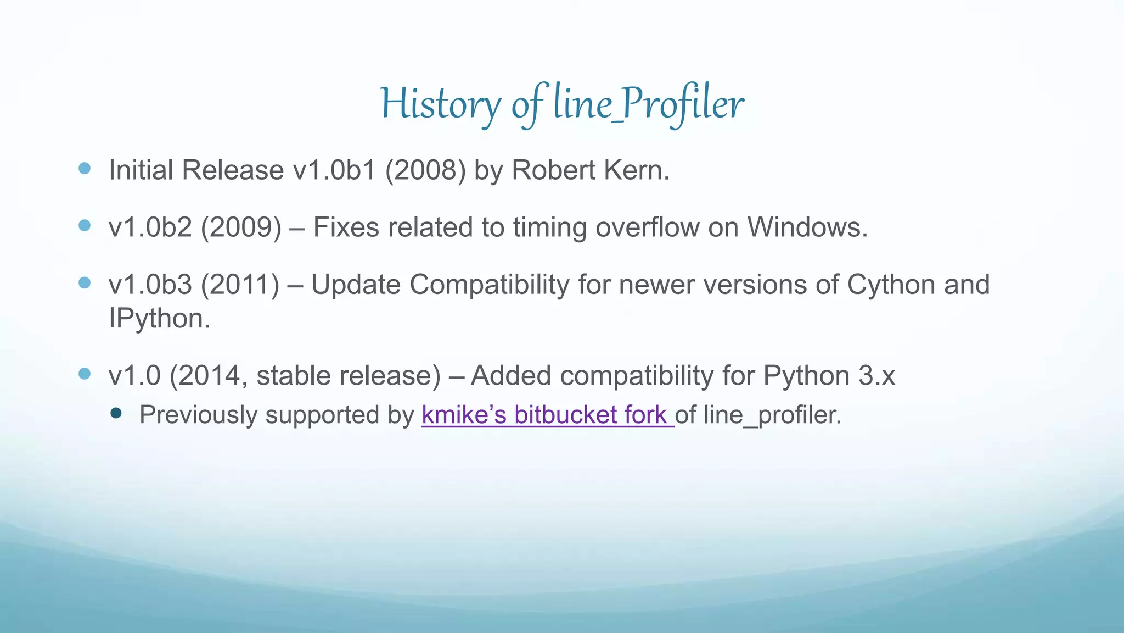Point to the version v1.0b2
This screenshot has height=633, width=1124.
coord(150,227)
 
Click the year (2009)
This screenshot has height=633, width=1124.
coord(241,227)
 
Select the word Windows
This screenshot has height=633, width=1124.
coord(807,227)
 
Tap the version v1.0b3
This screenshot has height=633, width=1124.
coord(150,285)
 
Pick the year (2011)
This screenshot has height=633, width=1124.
coord(240,285)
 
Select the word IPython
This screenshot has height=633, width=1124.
coord(159,318)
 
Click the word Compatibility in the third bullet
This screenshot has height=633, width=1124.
coord(489,285)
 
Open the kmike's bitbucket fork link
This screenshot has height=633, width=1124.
coord(547,414)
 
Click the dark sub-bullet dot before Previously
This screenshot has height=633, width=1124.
coord(116,413)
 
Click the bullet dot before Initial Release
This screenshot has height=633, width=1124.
coord(85,168)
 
